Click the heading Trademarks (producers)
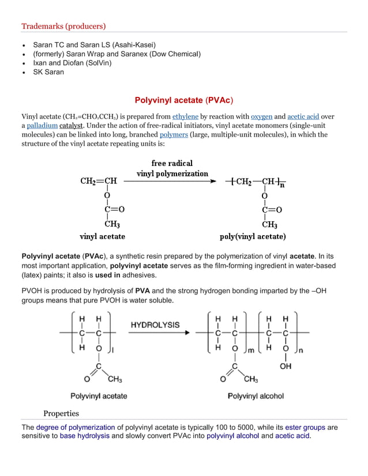63,26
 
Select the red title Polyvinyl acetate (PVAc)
183,100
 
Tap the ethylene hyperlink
185,116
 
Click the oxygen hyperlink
261,116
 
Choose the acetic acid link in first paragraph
303,116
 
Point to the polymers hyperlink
174,135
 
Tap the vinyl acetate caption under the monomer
102,236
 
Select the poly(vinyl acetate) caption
253,236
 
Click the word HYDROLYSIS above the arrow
155,324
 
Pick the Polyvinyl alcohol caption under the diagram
256,396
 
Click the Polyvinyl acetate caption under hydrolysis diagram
99,396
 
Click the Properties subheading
61,413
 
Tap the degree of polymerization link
75,428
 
